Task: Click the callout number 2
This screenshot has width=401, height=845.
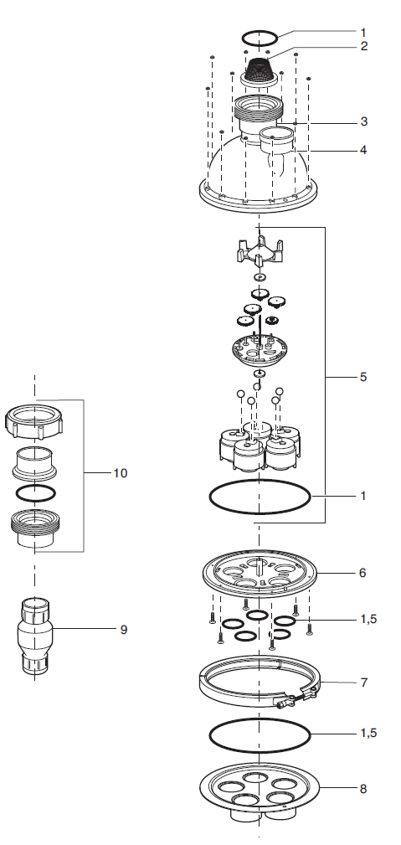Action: click(x=364, y=46)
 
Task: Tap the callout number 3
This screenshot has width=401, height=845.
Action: click(x=364, y=121)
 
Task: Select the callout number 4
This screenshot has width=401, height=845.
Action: click(x=364, y=150)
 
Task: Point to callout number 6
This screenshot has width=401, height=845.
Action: click(x=362, y=572)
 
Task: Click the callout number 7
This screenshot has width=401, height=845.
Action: click(x=364, y=683)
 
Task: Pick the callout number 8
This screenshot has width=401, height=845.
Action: click(x=363, y=789)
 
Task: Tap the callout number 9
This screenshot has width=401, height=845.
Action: click(x=123, y=630)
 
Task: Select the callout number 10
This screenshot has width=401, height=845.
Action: click(x=121, y=473)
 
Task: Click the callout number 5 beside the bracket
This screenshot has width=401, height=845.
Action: click(x=363, y=377)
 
